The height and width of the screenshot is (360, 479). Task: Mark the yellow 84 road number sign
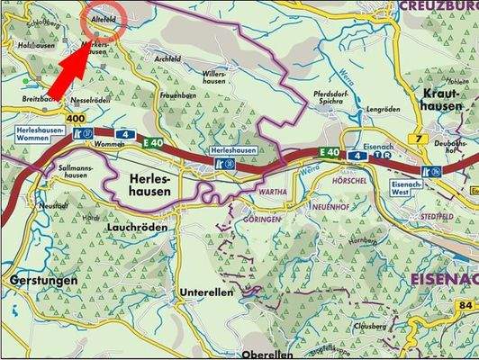click(x=465, y=306)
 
